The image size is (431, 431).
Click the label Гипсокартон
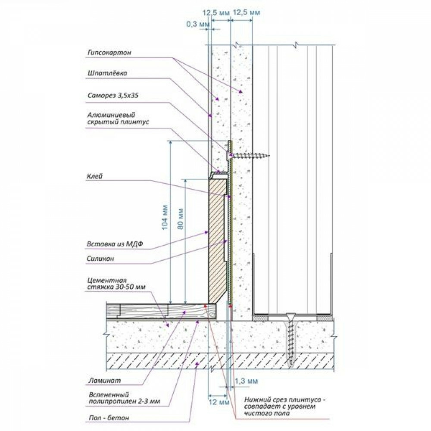[x=109, y=53]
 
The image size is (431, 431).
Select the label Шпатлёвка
[x=107, y=73]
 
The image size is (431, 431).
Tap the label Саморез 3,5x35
[x=113, y=95]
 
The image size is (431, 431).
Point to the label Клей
[x=94, y=176]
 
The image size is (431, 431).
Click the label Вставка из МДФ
[x=115, y=244]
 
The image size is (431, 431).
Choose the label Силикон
[x=100, y=258]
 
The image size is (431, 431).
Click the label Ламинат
[x=104, y=381]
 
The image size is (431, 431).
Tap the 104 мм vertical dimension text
[x=164, y=217]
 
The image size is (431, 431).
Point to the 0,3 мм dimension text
[x=198, y=24]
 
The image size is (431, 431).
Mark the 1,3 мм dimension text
[x=246, y=381]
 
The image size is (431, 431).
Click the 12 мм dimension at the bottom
[x=219, y=403]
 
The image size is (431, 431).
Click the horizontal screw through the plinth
[x=248, y=156]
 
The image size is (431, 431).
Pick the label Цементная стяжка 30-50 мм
[x=116, y=284]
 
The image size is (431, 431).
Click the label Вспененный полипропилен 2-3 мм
[x=124, y=398]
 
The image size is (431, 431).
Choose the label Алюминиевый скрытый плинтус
[x=118, y=118]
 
